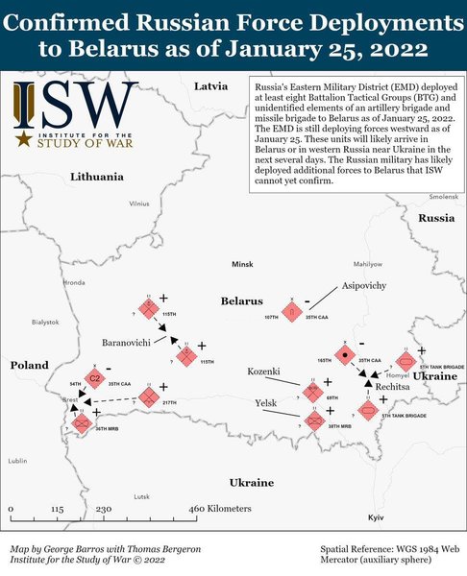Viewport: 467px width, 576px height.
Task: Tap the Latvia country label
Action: point(211,86)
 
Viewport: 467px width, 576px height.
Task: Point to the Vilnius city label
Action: point(140,204)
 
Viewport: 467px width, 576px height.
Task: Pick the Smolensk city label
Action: point(443,196)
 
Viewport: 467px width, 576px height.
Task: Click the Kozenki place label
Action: point(262,371)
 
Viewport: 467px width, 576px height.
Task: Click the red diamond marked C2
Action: point(95,379)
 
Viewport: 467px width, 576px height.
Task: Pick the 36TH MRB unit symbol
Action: point(82,421)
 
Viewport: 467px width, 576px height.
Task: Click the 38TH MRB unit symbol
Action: point(315,420)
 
